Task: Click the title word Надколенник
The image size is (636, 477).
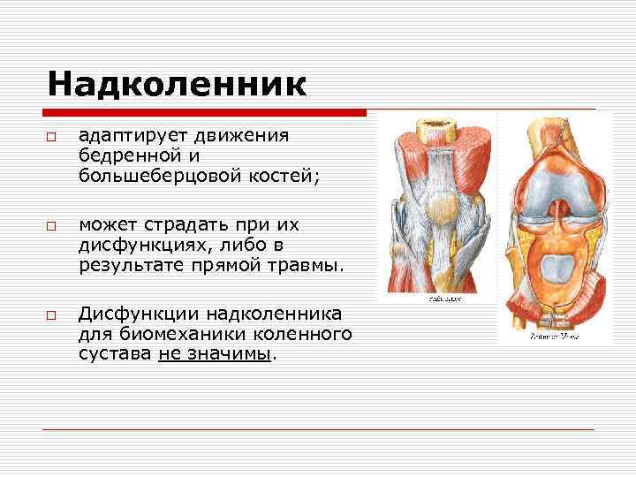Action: tap(177, 85)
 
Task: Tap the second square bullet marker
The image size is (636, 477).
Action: tap(52, 227)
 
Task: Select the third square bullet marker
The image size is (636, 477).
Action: tap(52, 315)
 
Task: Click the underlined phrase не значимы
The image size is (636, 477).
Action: tap(216, 353)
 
